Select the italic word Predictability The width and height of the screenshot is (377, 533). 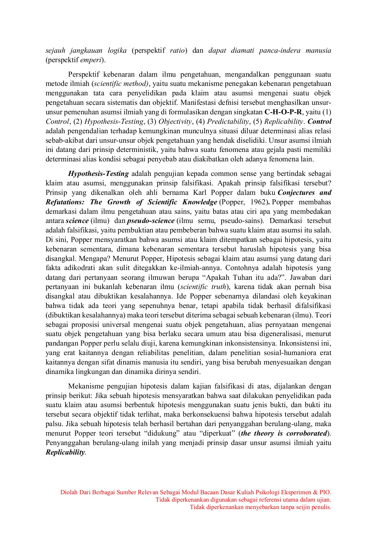pyautogui.click(x=228, y=122)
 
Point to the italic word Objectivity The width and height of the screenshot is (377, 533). pyautogui.click(x=175, y=122)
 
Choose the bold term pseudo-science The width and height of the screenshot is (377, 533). pyautogui.click(x=151, y=221)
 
